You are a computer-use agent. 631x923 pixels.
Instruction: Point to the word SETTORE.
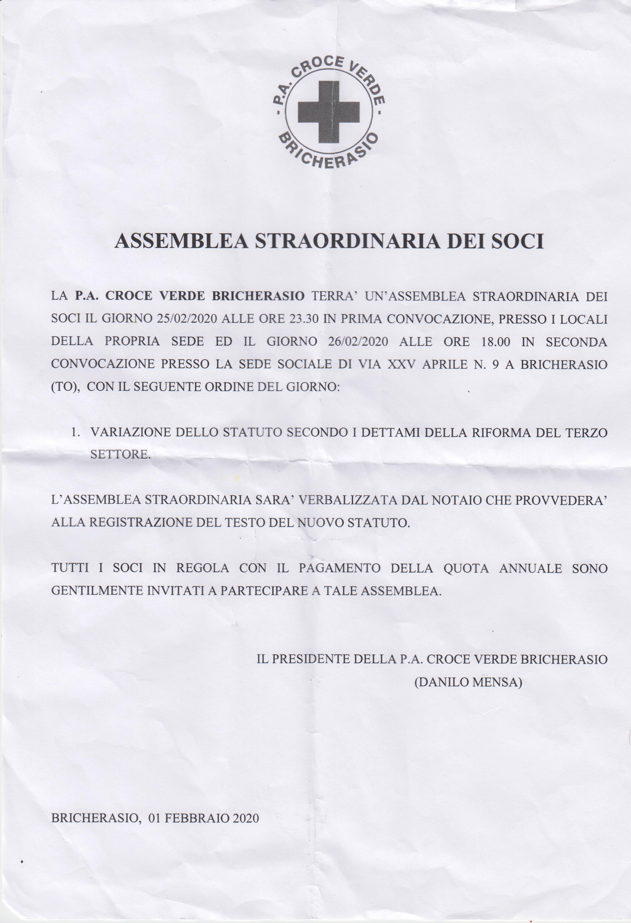coord(120,454)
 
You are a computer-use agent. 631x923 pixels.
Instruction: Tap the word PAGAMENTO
coord(339,568)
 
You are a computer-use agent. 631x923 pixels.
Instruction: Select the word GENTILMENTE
coord(97,591)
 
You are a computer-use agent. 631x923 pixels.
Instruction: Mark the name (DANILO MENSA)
coord(468,682)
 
